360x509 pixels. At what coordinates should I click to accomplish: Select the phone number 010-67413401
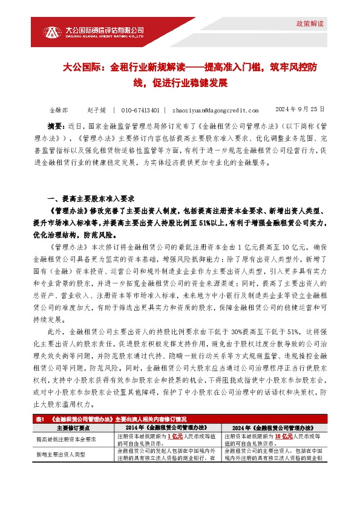pyautogui.click(x=140, y=111)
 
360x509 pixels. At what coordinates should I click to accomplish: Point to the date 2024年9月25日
pyautogui.click(x=300, y=110)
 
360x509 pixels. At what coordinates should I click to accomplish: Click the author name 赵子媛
pyautogui.click(x=96, y=111)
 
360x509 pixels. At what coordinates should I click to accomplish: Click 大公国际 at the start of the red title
pyautogui.click(x=80, y=69)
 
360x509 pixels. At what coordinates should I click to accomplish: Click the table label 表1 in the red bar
pyautogui.click(x=41, y=418)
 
